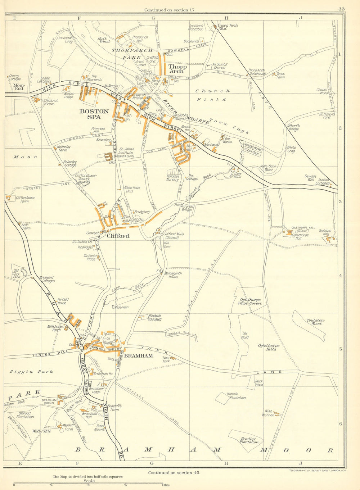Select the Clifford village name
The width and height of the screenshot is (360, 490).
(118, 236)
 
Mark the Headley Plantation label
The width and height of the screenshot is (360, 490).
(249, 440)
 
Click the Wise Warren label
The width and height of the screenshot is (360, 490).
(268, 413)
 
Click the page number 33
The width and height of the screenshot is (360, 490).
(341, 9)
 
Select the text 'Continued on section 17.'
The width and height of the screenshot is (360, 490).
(170, 10)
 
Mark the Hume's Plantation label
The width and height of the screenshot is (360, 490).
(237, 396)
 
